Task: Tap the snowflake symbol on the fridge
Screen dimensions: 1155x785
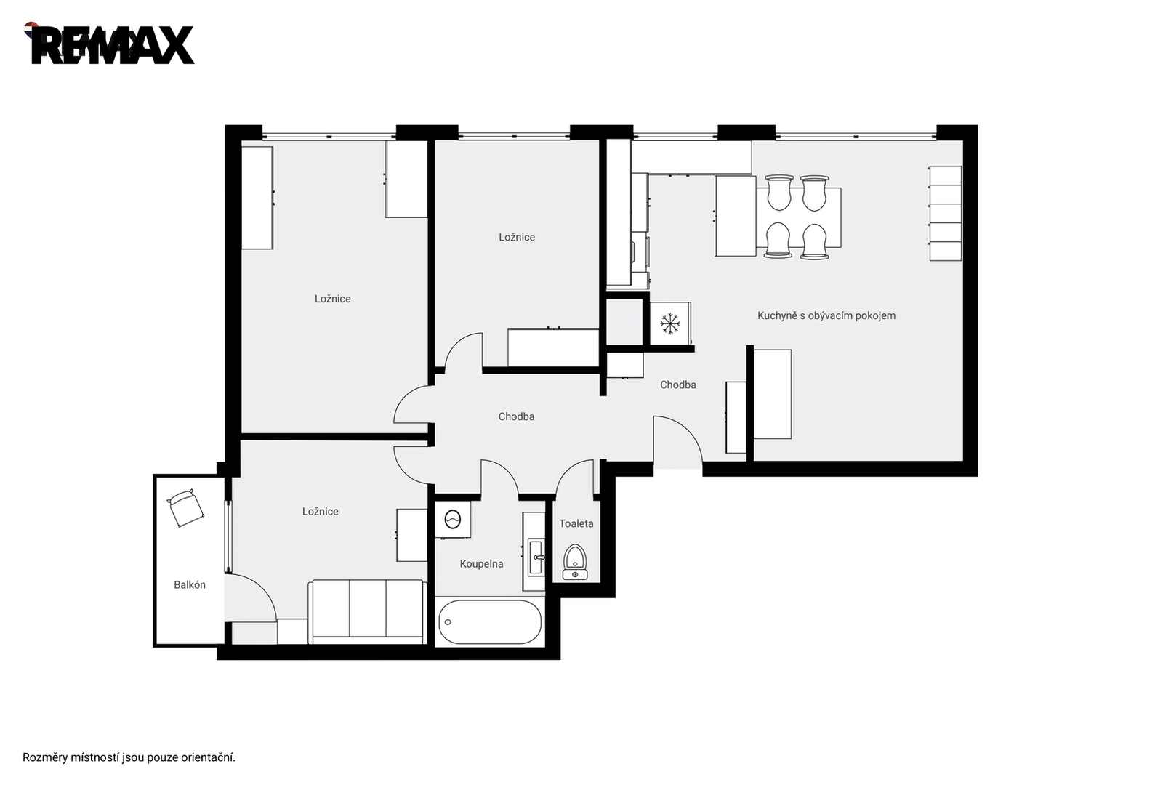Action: click(x=669, y=323)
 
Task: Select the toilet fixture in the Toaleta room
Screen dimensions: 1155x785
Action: click(x=575, y=562)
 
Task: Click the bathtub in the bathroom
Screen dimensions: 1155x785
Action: click(x=489, y=621)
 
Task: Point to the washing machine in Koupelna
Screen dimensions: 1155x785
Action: click(x=453, y=520)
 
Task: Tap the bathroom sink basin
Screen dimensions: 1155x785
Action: click(x=536, y=557)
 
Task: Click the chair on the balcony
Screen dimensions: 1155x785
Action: click(x=185, y=507)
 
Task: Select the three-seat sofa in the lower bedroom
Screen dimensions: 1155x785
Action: click(x=368, y=612)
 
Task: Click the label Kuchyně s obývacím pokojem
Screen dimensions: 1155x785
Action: click(x=826, y=315)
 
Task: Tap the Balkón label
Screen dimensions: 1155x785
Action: click(x=190, y=585)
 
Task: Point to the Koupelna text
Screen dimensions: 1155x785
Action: click(x=482, y=564)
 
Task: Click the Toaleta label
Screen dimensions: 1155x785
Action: click(x=576, y=523)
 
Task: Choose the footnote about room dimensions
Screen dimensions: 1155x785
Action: click(x=129, y=757)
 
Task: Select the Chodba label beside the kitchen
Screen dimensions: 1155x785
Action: click(x=678, y=385)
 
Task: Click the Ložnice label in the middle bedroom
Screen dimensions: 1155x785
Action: click(x=517, y=237)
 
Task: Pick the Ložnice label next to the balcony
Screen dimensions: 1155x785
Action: click(x=321, y=512)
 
